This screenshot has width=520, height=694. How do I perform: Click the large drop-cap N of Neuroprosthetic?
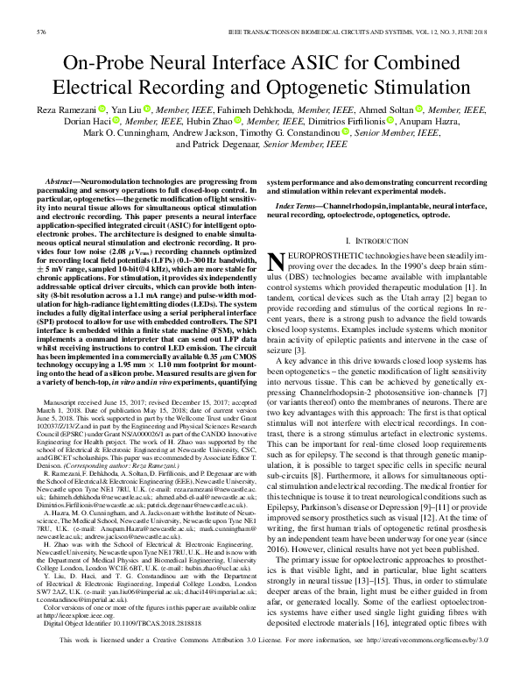coord(273,259)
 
